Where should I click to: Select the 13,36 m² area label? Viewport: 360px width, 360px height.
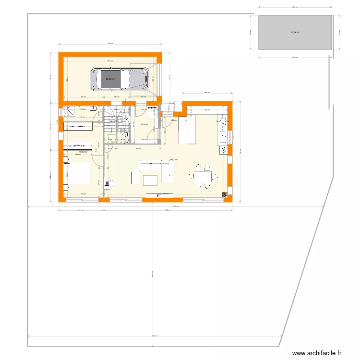pos(294,33)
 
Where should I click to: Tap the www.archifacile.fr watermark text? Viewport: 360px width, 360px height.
pos(316,353)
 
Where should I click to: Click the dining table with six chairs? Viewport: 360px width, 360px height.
pos(202,177)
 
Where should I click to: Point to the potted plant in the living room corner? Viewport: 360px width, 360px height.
pos(224,194)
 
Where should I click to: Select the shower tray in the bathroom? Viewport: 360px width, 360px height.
pos(69,111)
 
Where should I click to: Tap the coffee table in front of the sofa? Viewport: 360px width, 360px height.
pos(150,180)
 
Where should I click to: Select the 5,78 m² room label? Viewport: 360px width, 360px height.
pos(144,124)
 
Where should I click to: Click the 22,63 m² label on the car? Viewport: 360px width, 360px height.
pos(110,79)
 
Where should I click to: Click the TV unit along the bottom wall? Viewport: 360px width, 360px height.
pos(162,195)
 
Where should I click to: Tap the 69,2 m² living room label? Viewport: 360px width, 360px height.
pos(174,160)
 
